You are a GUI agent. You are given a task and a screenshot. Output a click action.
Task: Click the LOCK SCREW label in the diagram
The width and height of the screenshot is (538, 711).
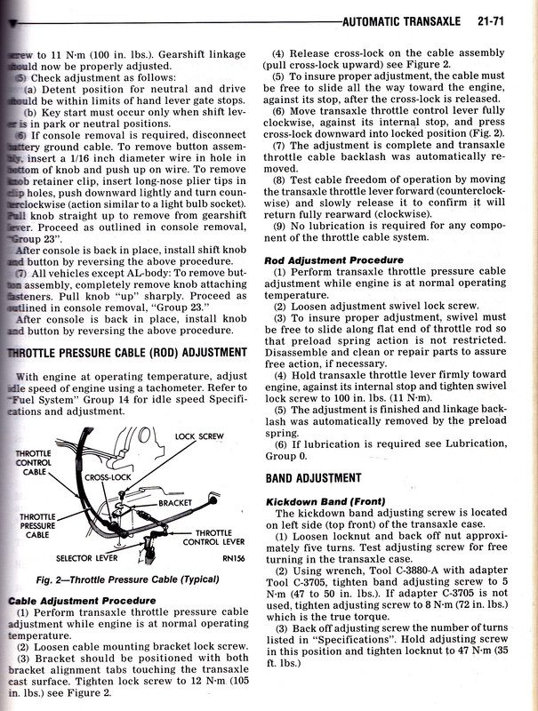197,436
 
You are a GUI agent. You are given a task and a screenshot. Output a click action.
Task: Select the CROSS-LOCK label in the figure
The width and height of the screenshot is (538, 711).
108,477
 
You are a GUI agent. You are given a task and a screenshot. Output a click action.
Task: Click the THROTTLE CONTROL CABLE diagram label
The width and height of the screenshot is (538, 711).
35,463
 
